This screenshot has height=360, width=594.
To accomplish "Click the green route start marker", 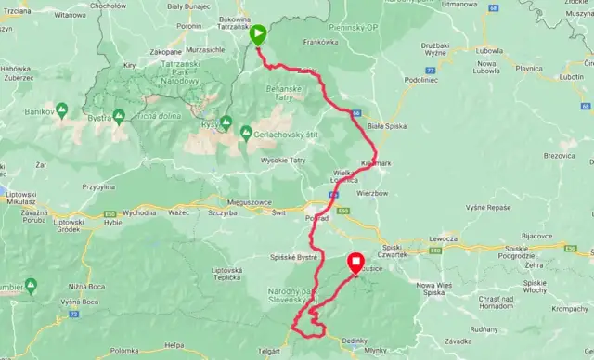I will click(x=258, y=35).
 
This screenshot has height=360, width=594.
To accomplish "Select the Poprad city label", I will click(x=317, y=218).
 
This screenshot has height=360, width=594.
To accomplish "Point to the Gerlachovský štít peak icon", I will click(x=246, y=132).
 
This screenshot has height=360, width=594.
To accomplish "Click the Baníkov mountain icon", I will click(x=60, y=111).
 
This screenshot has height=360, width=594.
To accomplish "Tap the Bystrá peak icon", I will click(x=119, y=116).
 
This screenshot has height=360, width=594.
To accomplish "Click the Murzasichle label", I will click(x=201, y=49).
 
